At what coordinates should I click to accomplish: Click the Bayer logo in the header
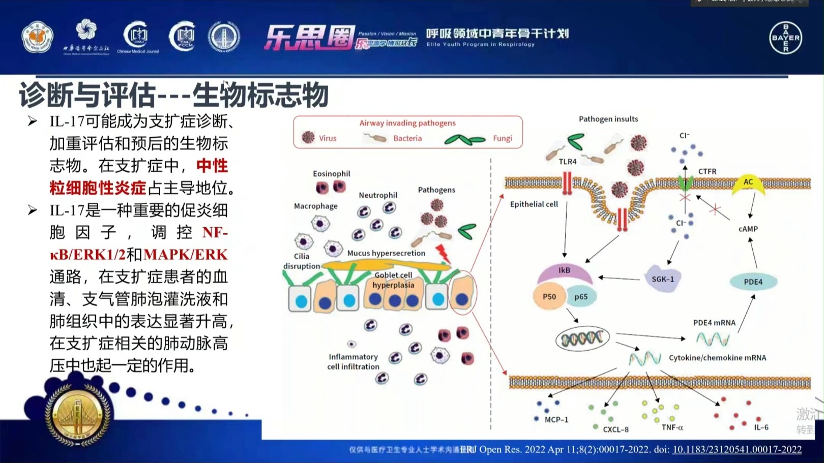point(785,38)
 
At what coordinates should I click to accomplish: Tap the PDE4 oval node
point(753,282)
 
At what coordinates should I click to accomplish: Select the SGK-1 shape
point(663,279)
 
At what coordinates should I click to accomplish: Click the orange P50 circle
point(549,296)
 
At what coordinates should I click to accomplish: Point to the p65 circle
point(581,297)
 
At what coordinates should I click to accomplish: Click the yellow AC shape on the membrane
point(748,184)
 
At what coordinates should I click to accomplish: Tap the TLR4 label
point(568,162)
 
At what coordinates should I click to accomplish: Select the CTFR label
point(707,172)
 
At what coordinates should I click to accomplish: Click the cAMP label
point(748,229)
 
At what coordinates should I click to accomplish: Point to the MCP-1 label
point(556,420)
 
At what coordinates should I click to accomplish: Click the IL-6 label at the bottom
point(761,427)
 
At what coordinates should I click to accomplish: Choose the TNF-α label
point(672,427)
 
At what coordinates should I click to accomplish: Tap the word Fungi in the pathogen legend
point(502,138)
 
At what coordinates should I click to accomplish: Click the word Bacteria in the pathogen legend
point(407,138)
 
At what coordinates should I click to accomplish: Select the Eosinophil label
point(331,174)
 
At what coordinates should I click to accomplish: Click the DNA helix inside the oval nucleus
point(582,338)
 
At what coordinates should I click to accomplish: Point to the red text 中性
point(212,166)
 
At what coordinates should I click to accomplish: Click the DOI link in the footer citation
point(737,449)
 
